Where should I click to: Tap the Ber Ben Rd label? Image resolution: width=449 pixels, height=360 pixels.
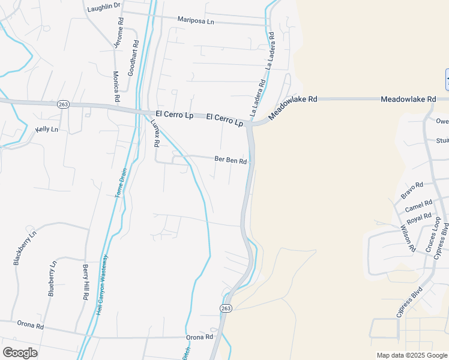[231, 160]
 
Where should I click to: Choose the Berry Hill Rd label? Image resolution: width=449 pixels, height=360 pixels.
[85, 282]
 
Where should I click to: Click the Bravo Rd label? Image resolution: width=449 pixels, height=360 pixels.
[412, 191]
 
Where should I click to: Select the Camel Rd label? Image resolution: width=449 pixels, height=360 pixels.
[418, 206]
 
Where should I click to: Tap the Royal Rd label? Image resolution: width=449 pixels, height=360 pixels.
[419, 219]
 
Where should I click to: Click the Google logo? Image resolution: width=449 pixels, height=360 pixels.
[20, 352]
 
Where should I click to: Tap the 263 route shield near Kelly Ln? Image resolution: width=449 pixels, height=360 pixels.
[64, 104]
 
